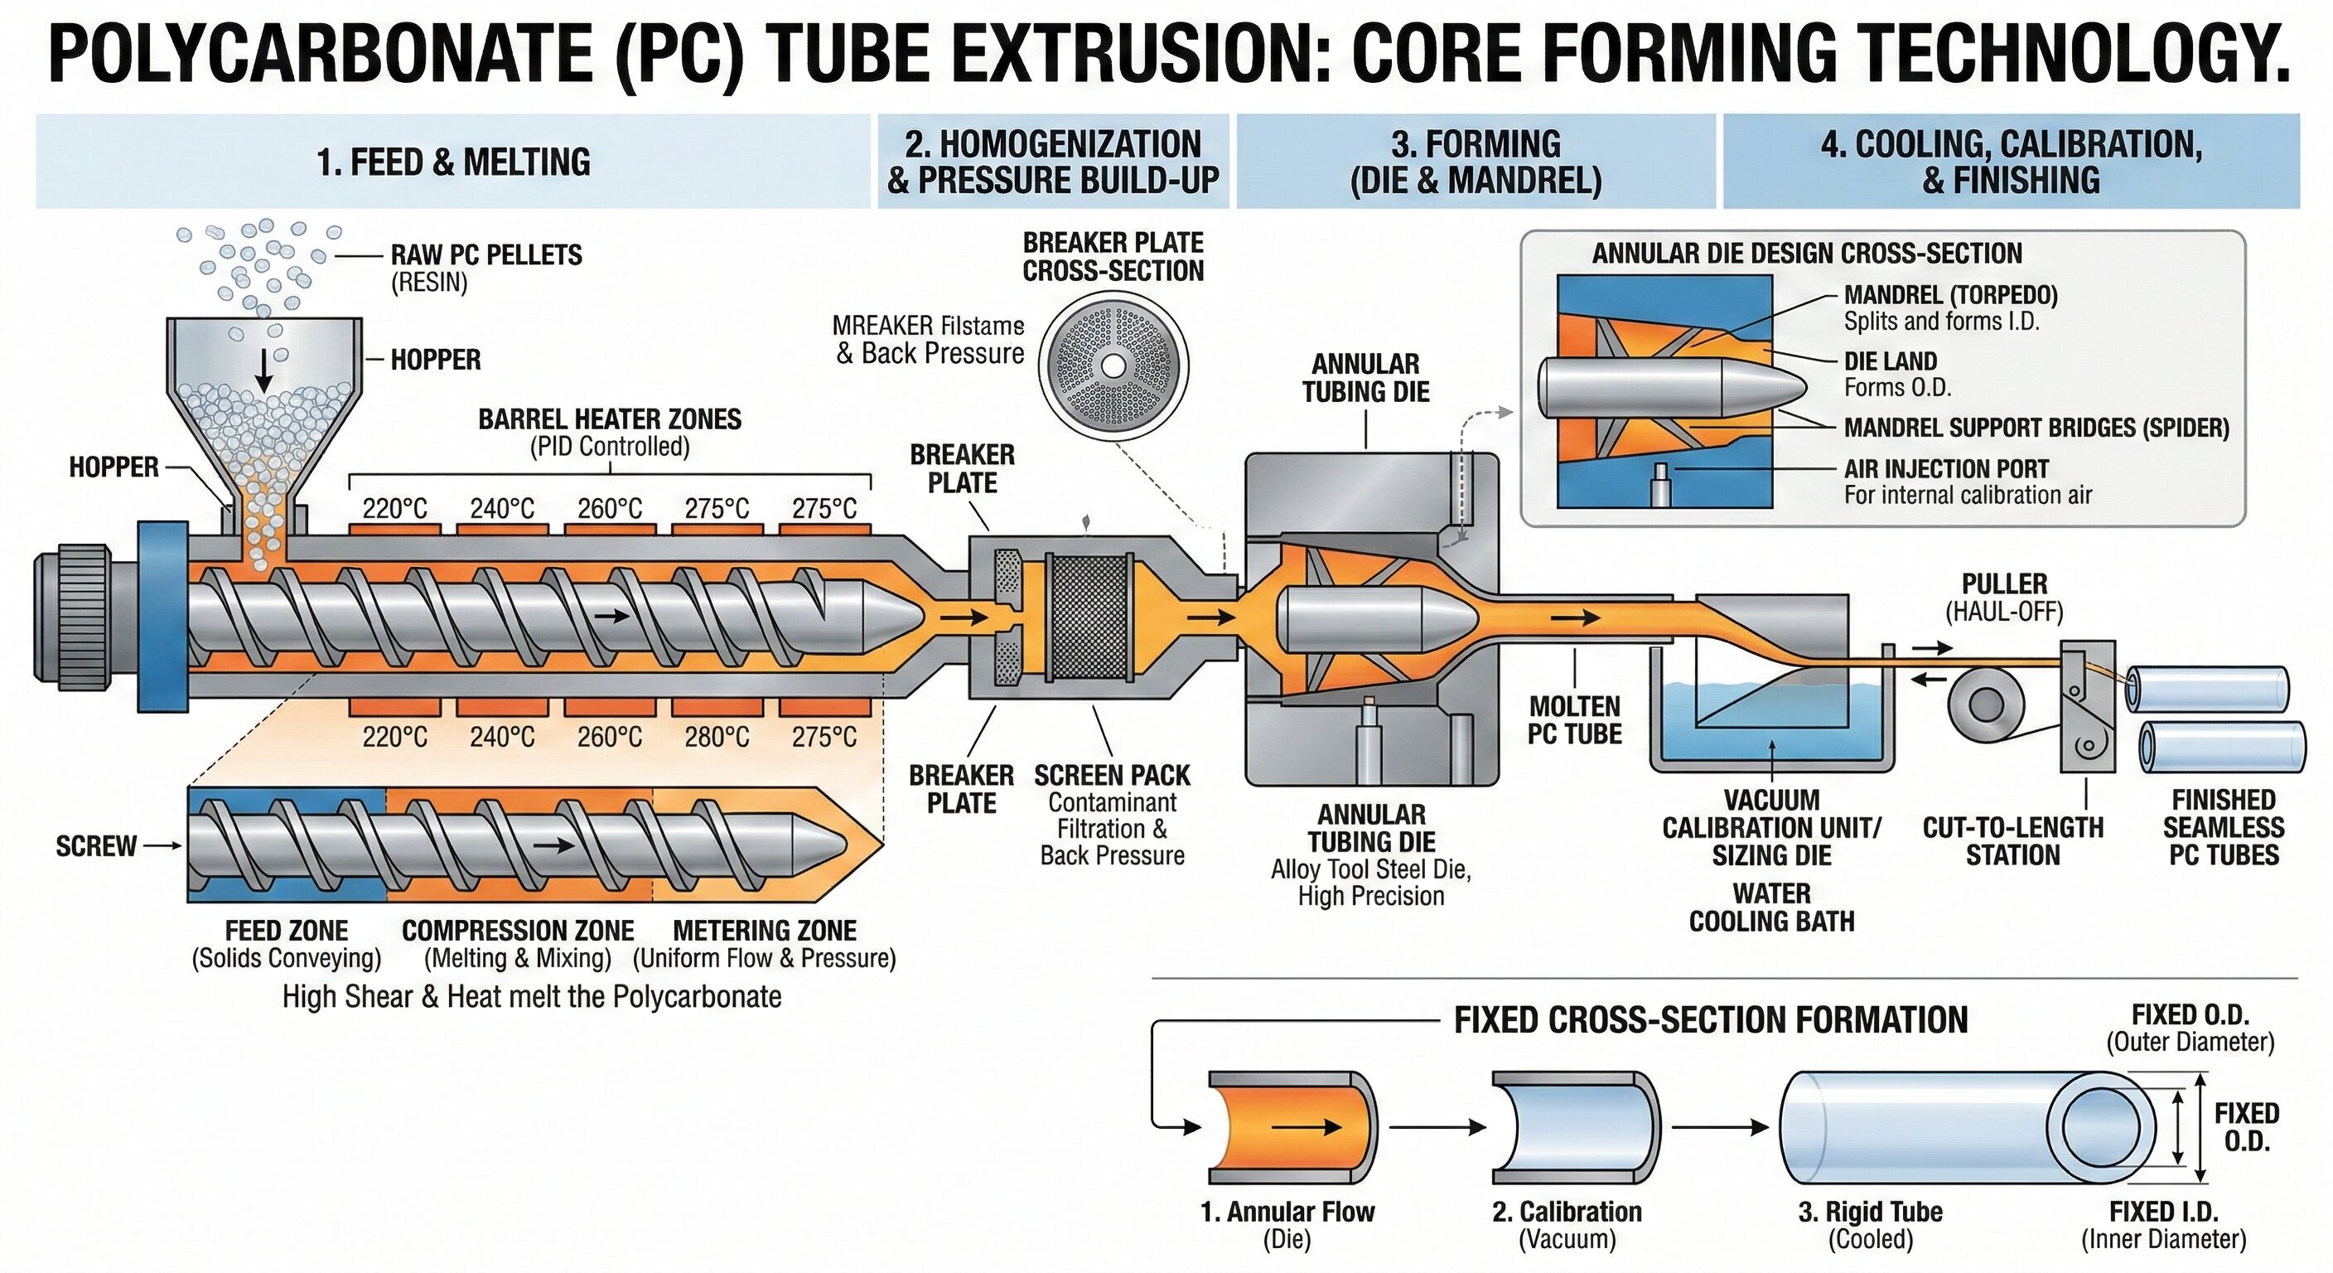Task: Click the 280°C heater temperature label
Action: click(717, 738)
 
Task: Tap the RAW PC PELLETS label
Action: click(486, 255)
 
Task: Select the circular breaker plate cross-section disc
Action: click(1113, 366)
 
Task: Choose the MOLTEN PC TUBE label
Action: click(1574, 720)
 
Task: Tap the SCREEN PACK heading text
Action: click(1112, 776)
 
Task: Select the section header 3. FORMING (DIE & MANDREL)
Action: click(1476, 162)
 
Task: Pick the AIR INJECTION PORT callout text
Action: click(1946, 469)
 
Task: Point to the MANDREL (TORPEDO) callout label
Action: click(1951, 295)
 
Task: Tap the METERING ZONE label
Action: click(765, 931)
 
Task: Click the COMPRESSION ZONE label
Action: click(518, 931)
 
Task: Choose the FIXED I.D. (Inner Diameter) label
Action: click(2164, 1224)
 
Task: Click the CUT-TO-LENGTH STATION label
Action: click(2012, 841)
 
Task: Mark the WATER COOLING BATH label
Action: click(1771, 907)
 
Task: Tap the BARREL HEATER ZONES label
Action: click(610, 419)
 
